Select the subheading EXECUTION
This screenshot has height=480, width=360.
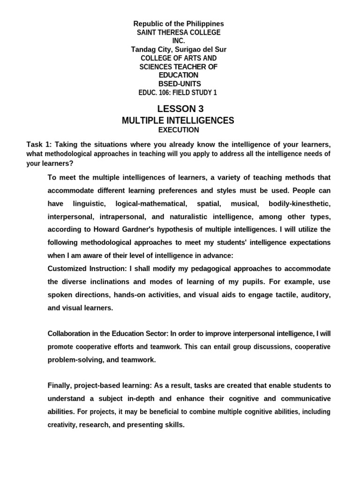point(178,130)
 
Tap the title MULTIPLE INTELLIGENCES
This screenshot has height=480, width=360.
point(178,120)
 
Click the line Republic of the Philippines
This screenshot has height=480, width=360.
point(179,23)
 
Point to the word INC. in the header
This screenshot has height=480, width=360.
point(179,41)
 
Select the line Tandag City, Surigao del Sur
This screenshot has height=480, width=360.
point(179,49)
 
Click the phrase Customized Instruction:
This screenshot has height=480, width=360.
point(88,269)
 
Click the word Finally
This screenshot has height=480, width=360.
point(60,385)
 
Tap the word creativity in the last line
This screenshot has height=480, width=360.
point(62,425)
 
